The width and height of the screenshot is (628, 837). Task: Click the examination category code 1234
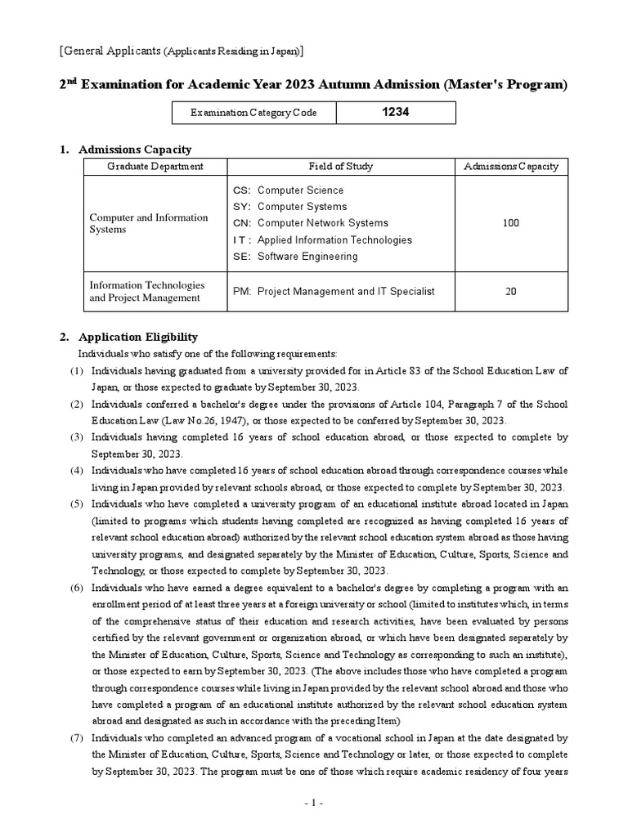pos(396,112)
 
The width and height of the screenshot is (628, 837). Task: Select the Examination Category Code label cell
pos(242,113)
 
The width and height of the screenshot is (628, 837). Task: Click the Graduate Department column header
pos(155,166)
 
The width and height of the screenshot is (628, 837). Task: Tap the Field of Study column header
pos(340,166)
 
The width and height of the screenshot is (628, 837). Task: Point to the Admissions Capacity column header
pos(511,166)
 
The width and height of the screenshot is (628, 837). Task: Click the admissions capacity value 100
pos(511,223)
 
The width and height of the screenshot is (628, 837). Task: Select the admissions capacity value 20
pos(511,291)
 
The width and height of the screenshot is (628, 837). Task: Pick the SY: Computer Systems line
pos(289,207)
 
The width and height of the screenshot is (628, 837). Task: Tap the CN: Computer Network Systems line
pos(311,223)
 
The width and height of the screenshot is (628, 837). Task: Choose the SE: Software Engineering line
pos(295,257)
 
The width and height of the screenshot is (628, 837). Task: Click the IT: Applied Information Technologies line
pos(322,240)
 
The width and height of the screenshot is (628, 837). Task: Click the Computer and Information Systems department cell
pos(149,223)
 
